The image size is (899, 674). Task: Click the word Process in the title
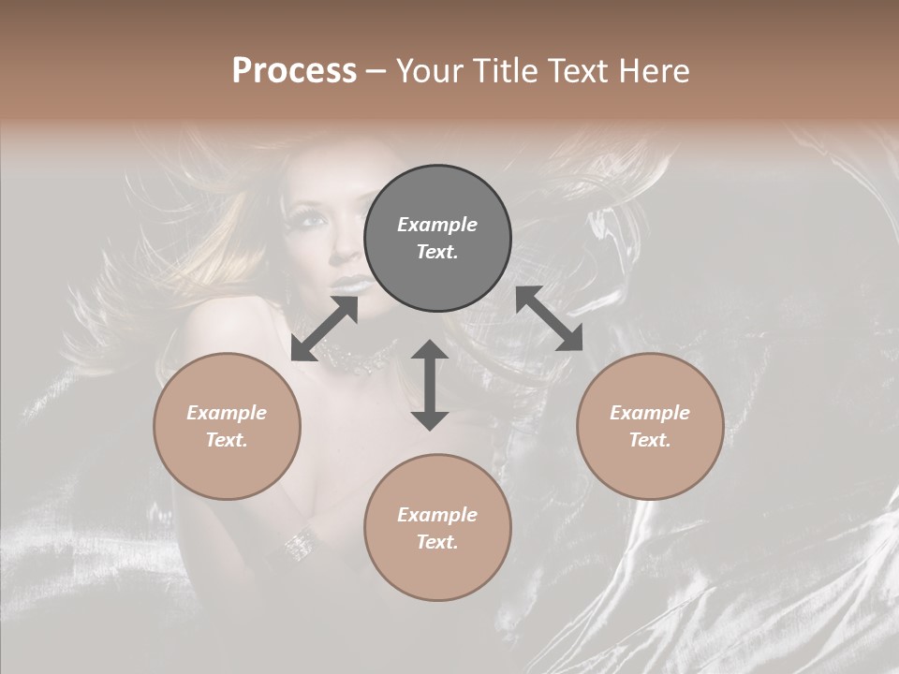coord(294,71)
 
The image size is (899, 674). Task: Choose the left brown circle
coord(227,426)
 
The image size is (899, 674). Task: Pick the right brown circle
coord(650,426)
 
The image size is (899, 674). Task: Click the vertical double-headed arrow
coord(430,385)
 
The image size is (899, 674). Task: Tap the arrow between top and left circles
coord(324,329)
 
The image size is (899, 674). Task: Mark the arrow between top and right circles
coord(549,318)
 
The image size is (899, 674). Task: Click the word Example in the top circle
coord(437,225)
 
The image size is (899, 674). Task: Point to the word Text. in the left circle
coord(227,440)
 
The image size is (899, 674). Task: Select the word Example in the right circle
coord(650,413)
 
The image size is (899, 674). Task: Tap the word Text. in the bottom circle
coord(437,542)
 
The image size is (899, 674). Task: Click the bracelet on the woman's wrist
coord(300,542)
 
